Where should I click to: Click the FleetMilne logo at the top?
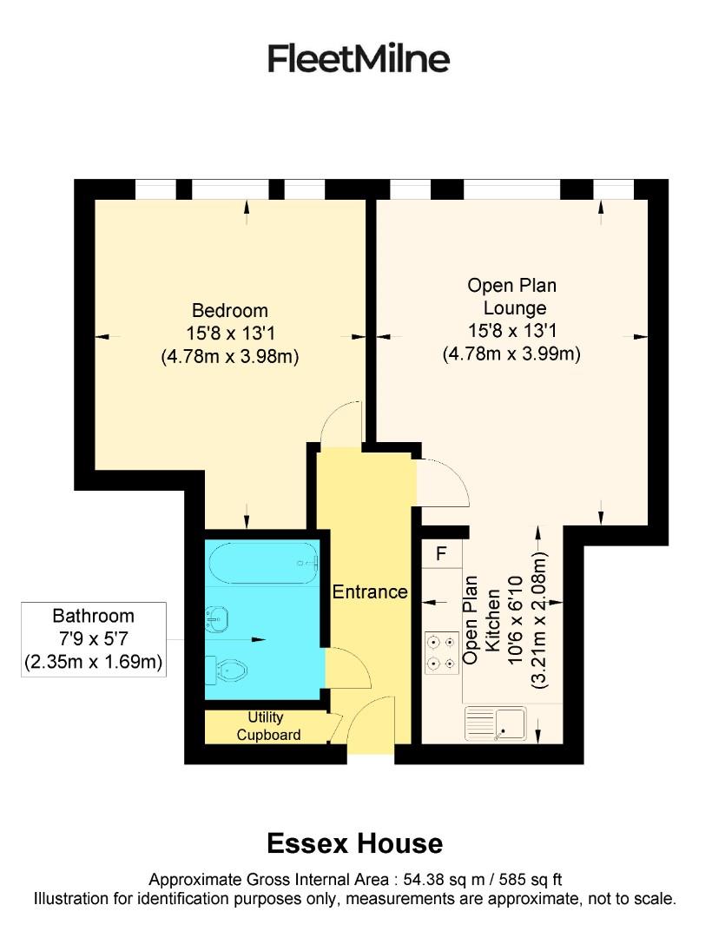358,59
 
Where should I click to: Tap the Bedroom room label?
230,311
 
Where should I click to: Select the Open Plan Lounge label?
511,296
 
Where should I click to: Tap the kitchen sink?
496,723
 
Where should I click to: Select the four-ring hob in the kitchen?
440,653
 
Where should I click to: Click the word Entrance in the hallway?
370,592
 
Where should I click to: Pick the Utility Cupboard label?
266,727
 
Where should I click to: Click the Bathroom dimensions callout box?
94,639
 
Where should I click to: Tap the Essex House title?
354,843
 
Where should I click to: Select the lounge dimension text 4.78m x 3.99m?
511,353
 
